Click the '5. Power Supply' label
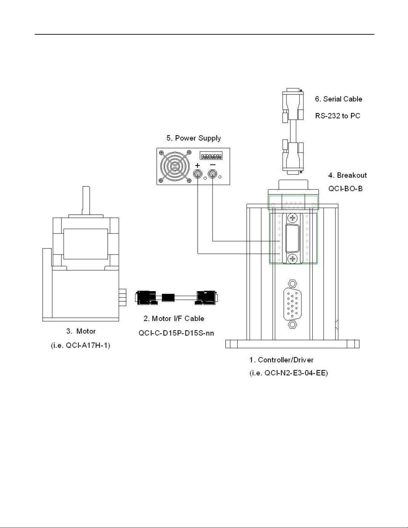194,138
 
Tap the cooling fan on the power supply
175,167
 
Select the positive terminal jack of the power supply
198,174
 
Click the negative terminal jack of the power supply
213,174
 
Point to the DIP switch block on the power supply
211,156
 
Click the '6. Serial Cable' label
338,99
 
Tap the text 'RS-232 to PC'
338,116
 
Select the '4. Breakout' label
347,175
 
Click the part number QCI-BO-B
345,189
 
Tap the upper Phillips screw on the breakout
293,218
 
